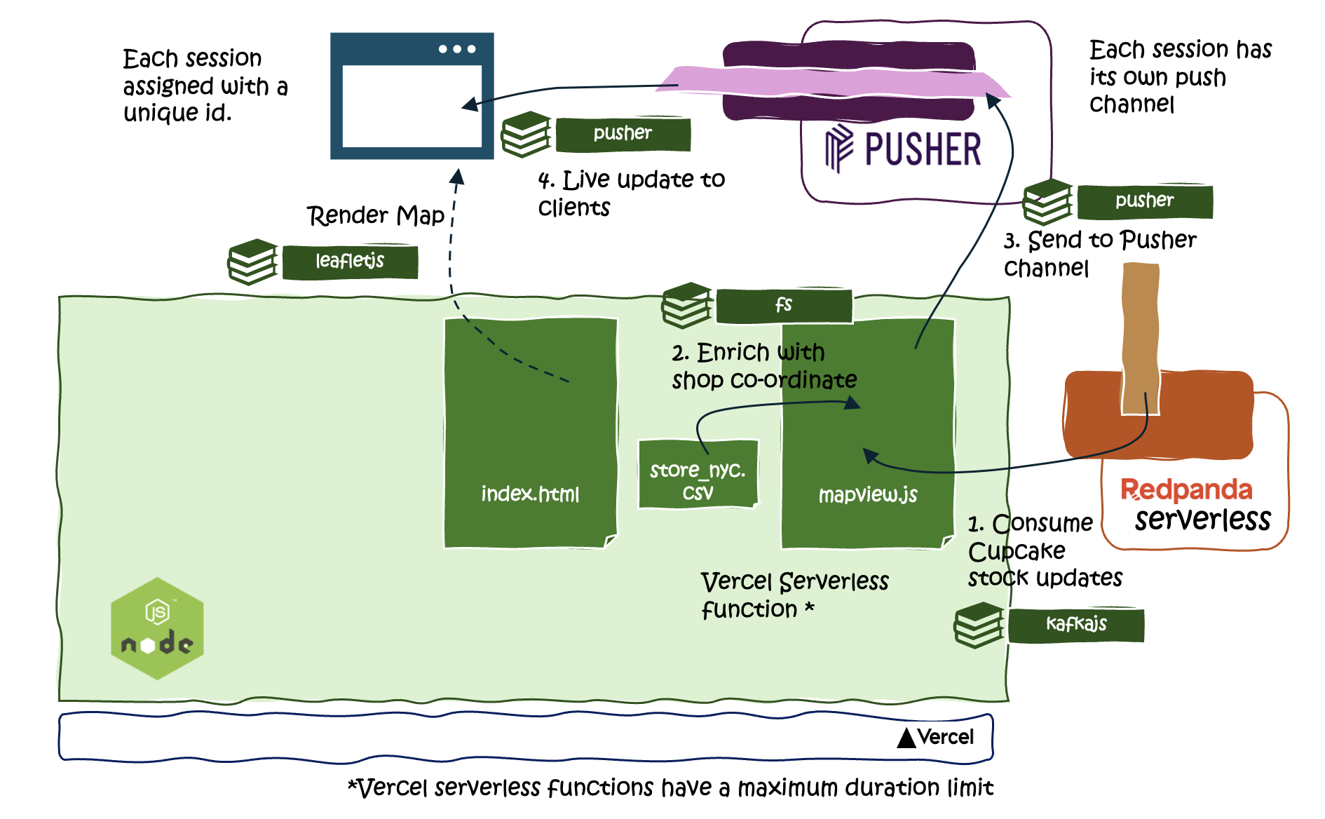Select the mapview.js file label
tap(868, 495)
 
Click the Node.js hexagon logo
tap(157, 628)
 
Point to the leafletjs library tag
tap(350, 262)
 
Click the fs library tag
tap(784, 305)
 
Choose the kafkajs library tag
tap(1076, 624)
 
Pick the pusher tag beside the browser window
tap(623, 133)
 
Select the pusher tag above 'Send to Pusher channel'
tap(1144, 201)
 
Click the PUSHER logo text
tap(922, 149)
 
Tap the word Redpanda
tap(1186, 489)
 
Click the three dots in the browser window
tap(457, 49)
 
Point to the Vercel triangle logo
tap(906, 738)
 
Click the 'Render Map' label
tap(376, 215)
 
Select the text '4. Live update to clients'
tap(631, 193)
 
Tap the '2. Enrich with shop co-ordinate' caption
tap(764, 365)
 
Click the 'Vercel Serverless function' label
tap(794, 595)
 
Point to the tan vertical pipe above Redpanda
tap(1141, 337)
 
